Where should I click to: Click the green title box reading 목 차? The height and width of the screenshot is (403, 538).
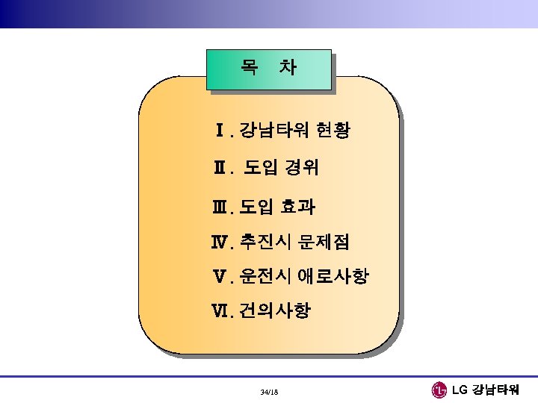pyautogui.click(x=268, y=69)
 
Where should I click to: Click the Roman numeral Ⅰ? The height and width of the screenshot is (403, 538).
pyautogui.click(x=220, y=132)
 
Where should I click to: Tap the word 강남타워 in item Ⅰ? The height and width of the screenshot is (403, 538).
pyautogui.click(x=274, y=132)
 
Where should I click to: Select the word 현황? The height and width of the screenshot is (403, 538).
pyautogui.click(x=331, y=132)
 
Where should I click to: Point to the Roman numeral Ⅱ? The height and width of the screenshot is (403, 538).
pyautogui.click(x=219, y=169)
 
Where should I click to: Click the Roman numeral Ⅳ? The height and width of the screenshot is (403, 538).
pyautogui.click(x=222, y=242)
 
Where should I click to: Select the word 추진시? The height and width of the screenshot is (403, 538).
pyautogui.click(x=265, y=242)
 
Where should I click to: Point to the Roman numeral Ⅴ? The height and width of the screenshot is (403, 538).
pyautogui.click(x=222, y=278)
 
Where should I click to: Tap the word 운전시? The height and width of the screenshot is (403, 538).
pyautogui.click(x=265, y=278)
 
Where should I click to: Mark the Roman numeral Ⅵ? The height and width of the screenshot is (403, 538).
pyautogui.click(x=222, y=311)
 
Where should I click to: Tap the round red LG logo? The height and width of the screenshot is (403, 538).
pyautogui.click(x=439, y=390)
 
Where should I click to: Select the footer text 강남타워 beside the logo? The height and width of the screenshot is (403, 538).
pyautogui.click(x=500, y=390)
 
